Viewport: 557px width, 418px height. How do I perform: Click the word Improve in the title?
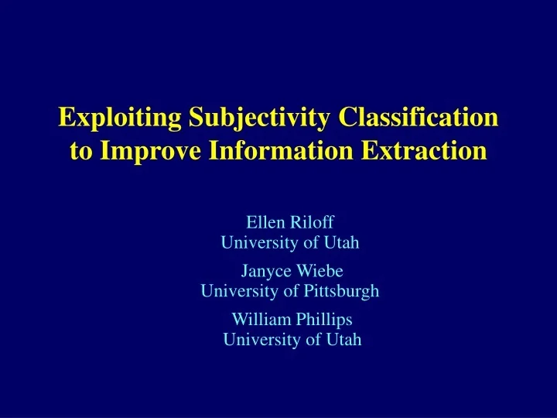click(x=146, y=150)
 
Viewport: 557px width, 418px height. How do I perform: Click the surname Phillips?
click(x=324, y=320)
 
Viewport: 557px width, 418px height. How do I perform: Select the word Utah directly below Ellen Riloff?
click(x=343, y=243)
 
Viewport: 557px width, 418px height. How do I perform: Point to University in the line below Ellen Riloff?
click(x=256, y=243)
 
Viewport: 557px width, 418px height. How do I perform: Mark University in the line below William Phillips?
click(x=258, y=339)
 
